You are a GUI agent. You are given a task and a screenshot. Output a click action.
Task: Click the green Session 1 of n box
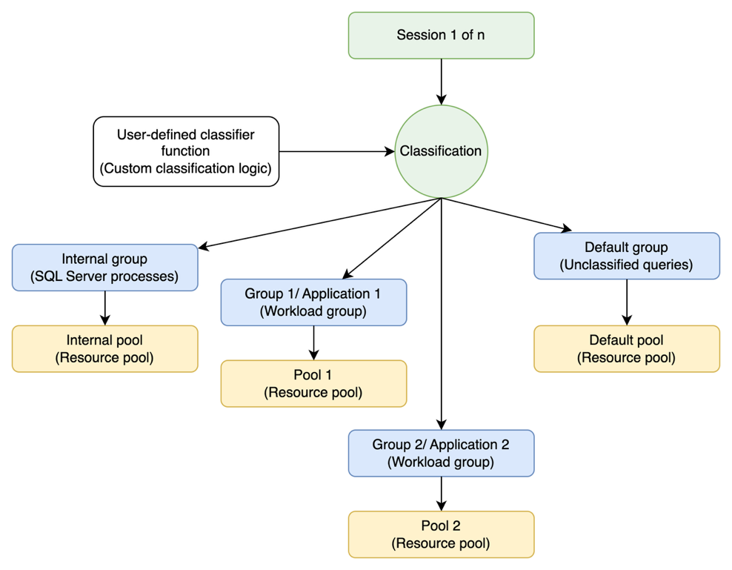[441, 35]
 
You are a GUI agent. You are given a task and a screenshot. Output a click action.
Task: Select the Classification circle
[441, 151]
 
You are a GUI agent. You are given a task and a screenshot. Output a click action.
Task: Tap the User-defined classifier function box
[185, 151]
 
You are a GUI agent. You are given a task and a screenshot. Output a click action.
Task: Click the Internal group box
[104, 268]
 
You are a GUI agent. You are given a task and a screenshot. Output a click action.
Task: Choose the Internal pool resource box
[104, 349]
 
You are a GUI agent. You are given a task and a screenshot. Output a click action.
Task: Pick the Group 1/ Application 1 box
[313, 302]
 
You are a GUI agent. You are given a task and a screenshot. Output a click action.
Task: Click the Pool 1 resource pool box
[313, 384]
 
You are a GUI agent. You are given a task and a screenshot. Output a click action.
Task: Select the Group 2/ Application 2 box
[441, 454]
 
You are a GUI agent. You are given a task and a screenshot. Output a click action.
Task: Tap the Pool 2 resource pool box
[441, 534]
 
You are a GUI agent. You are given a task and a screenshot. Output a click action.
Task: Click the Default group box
[626, 256]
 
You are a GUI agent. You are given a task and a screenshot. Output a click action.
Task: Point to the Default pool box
[626, 349]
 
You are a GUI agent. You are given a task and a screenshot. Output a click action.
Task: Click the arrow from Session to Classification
[442, 82]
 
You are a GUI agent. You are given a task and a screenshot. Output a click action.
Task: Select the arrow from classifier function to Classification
[337, 151]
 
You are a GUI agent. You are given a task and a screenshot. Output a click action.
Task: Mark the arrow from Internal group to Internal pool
[105, 308]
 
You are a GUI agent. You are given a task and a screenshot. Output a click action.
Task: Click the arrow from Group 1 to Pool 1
[314, 342]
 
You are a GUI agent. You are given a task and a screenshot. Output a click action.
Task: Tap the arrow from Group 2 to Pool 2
[442, 493]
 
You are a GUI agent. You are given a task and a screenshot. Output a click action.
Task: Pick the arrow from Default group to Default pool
[627, 302]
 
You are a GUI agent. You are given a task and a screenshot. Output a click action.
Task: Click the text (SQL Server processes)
[104, 276]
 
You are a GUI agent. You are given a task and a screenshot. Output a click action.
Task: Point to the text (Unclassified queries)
[626, 265]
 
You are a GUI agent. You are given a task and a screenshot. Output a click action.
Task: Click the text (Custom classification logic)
[185, 168]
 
